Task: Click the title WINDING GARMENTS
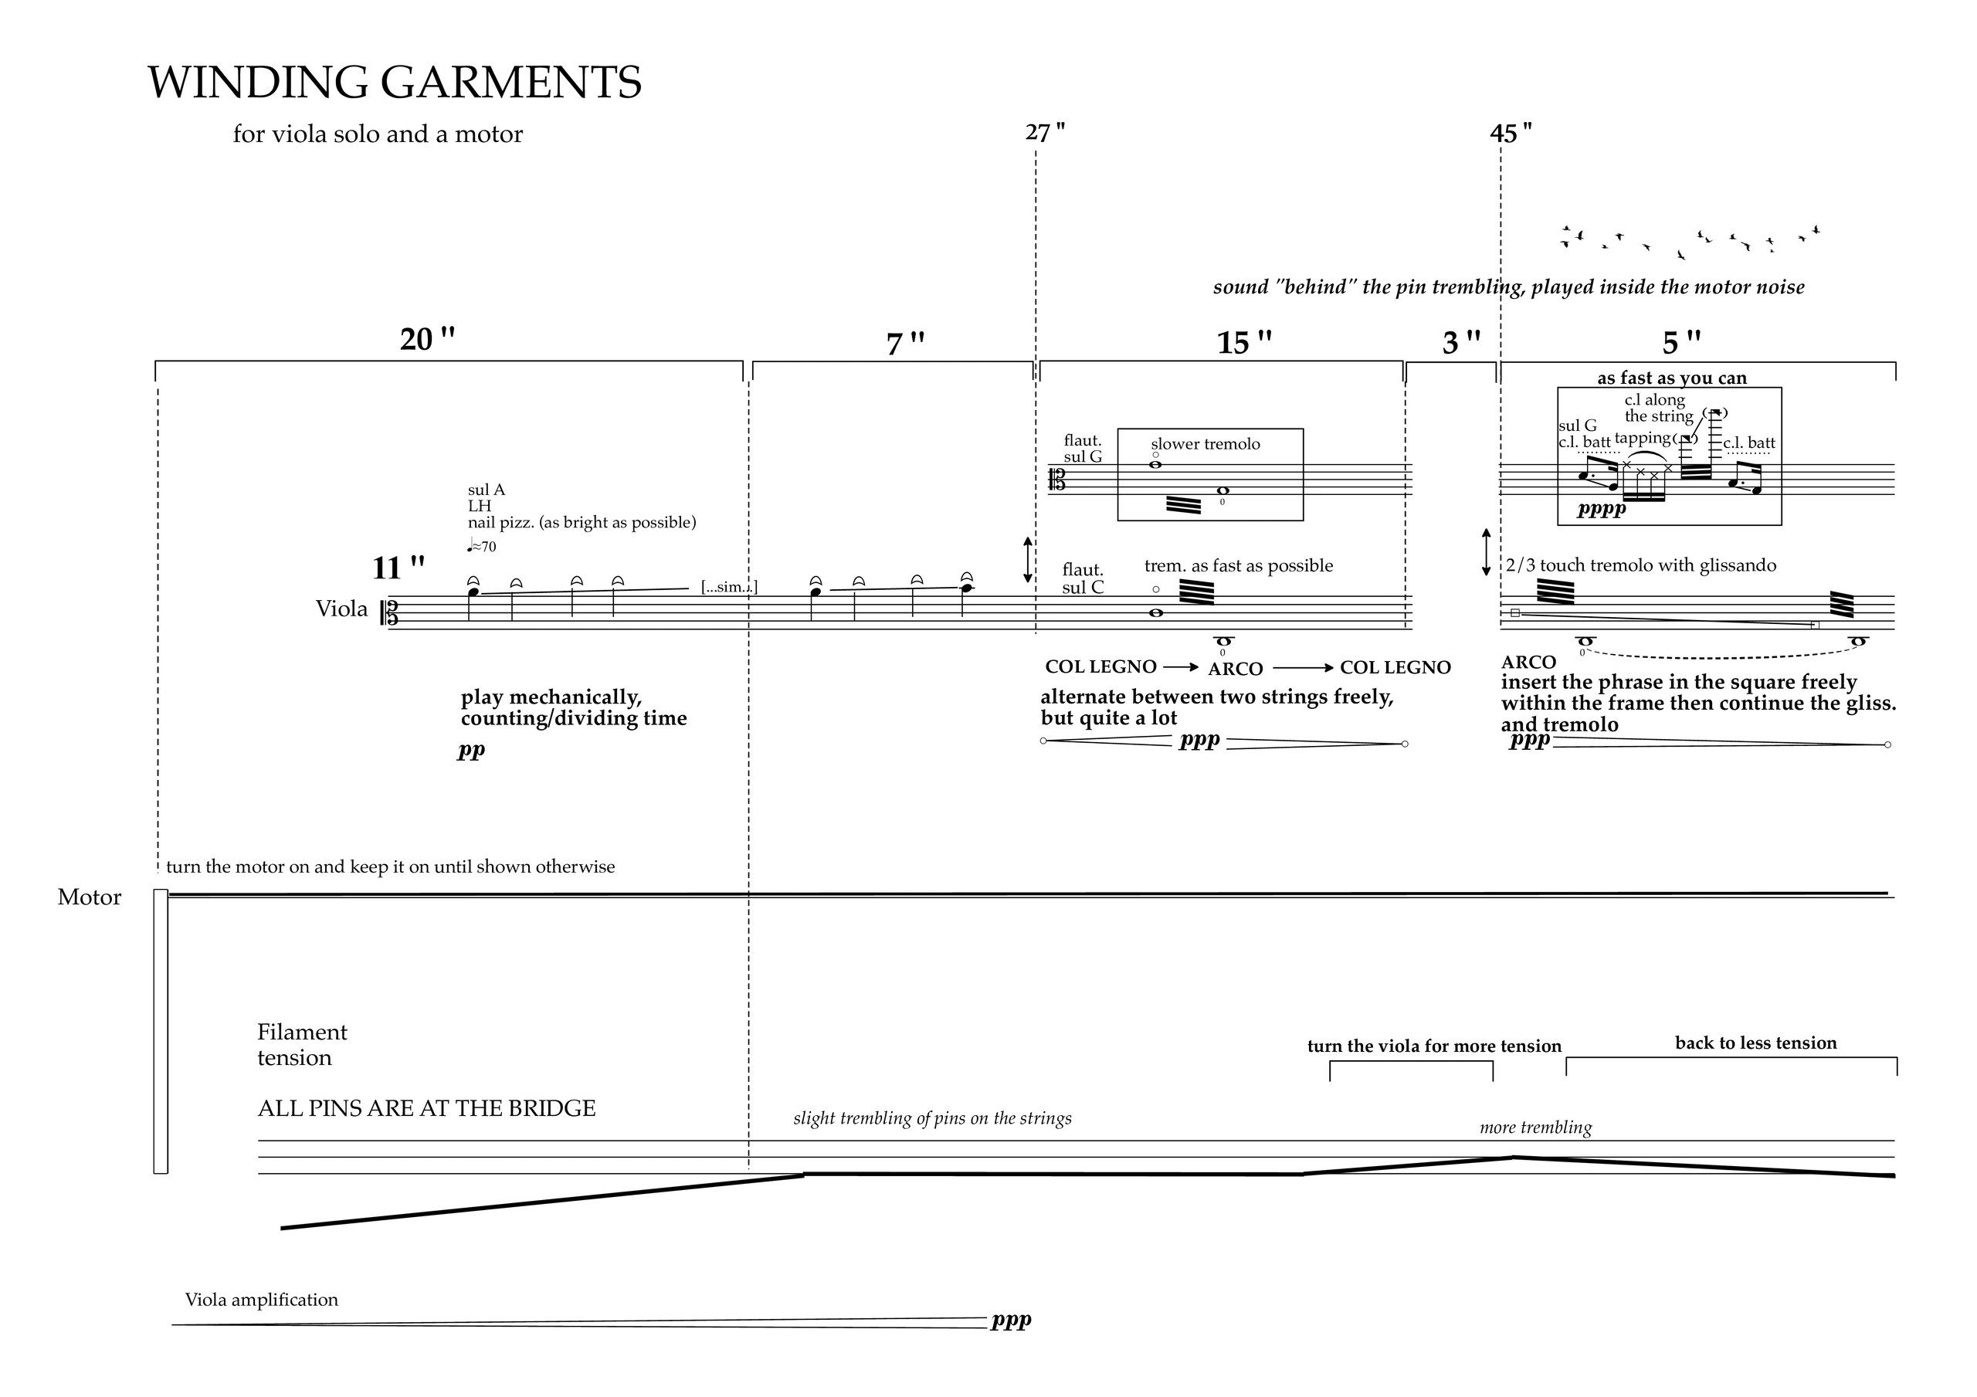395,83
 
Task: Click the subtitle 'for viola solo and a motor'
378,134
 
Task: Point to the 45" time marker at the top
1511,134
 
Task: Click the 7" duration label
905,344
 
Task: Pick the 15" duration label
1244,343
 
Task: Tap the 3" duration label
1461,343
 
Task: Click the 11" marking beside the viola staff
398,568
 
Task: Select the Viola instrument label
342,609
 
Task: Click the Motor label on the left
90,897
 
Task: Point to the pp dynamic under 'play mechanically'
471,750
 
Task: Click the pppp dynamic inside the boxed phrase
1602,509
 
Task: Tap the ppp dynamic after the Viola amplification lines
1011,1320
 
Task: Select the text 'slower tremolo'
1206,444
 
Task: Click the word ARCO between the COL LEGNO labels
1236,670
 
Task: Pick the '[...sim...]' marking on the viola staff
729,588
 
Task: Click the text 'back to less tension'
1755,1043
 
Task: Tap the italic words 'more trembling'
1536,1127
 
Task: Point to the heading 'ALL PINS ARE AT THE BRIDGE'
427,1108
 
